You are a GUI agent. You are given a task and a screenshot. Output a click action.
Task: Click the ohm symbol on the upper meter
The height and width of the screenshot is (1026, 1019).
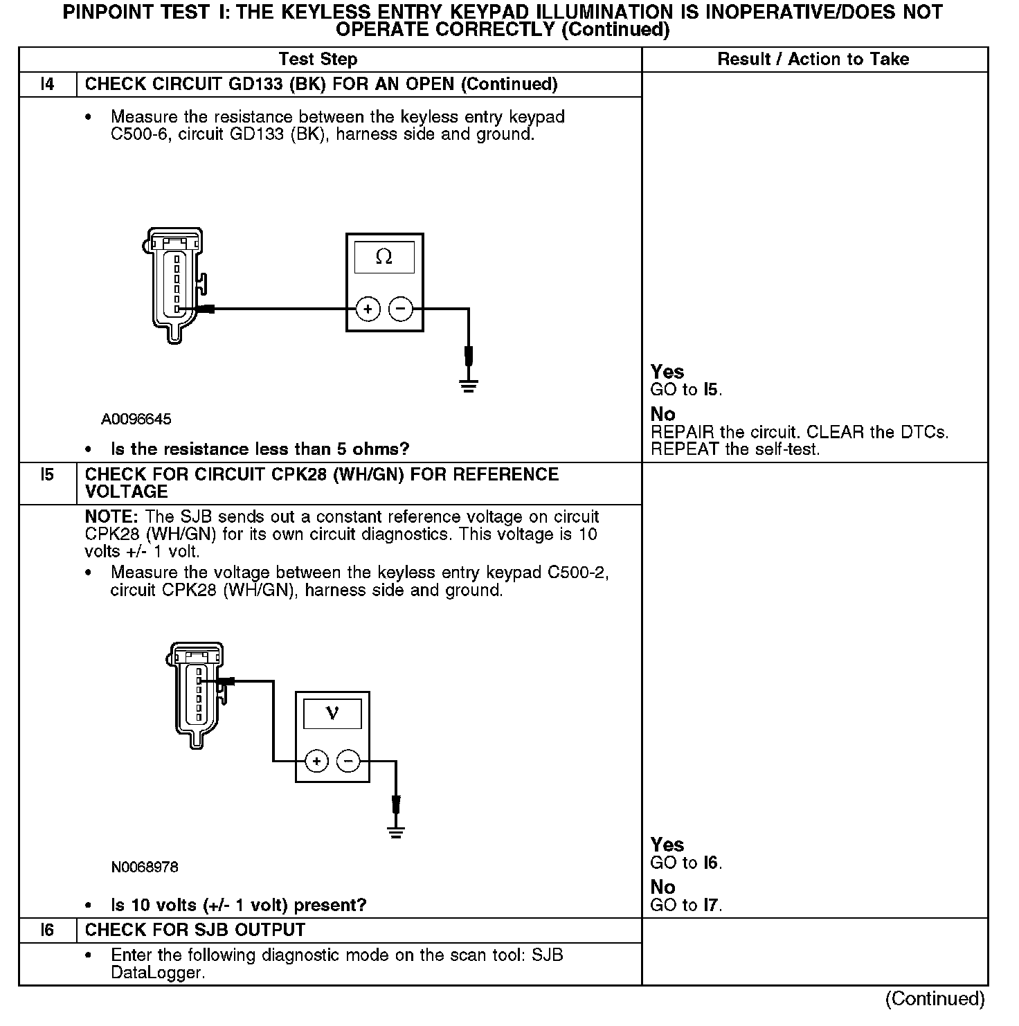[384, 258]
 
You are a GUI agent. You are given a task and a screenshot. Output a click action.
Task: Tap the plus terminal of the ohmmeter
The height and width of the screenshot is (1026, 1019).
[368, 309]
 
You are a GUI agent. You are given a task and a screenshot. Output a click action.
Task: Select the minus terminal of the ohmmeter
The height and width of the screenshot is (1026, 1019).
[401, 309]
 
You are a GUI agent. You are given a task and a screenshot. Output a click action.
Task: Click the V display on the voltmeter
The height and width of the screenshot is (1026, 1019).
[332, 713]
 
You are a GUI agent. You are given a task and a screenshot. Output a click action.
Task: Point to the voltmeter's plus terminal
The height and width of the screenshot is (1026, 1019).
[316, 762]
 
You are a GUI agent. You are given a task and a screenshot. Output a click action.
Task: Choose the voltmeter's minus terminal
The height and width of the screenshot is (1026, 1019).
[348, 762]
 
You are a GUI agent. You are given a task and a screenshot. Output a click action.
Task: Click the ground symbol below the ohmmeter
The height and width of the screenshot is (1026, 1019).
[469, 386]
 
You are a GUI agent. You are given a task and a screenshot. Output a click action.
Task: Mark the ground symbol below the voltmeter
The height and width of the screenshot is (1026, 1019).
[395, 832]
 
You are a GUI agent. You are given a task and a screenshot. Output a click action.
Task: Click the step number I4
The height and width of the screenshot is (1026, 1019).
[47, 84]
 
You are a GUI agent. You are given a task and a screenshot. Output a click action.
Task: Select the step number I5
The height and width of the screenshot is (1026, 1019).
[47, 475]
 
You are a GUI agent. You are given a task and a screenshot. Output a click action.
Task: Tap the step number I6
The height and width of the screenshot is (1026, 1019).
[47, 930]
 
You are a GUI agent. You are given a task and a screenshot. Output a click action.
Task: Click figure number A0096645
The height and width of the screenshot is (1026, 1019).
[136, 420]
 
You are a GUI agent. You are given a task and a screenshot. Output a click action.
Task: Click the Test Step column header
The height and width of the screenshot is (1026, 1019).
[318, 60]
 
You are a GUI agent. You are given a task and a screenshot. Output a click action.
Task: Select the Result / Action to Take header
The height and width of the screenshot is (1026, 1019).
[813, 60]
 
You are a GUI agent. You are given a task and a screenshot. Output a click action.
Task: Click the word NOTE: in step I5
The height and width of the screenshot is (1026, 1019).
[112, 517]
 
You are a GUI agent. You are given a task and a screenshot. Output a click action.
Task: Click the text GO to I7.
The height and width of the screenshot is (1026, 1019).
[686, 906]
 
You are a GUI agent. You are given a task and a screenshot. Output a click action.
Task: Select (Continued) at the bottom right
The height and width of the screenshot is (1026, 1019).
[935, 999]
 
